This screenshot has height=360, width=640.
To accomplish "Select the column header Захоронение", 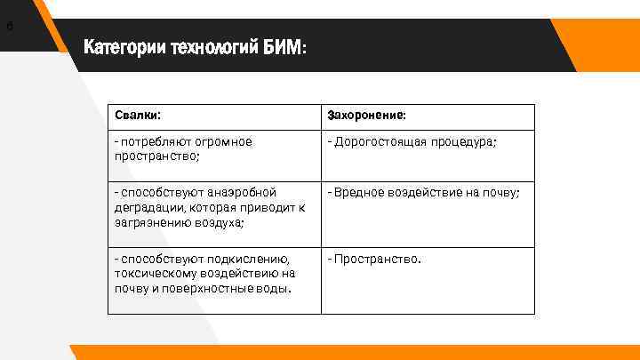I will coord(367,116).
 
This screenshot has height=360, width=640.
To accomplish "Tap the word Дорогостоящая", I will coord(380,142).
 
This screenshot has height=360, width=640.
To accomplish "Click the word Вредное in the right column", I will coord(356,193).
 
